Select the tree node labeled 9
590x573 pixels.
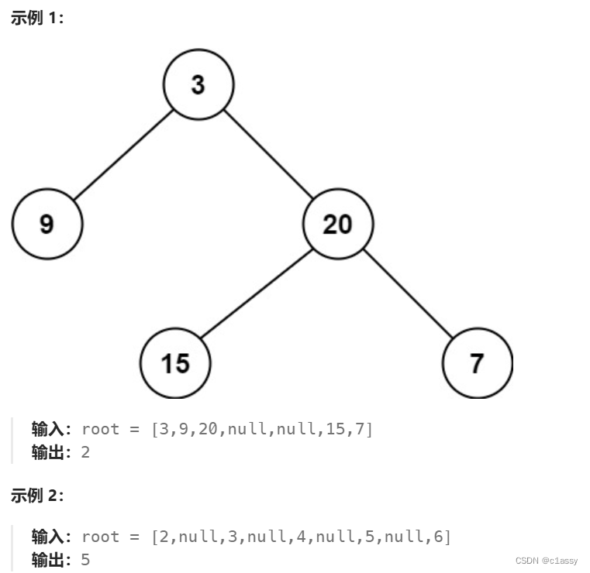47,225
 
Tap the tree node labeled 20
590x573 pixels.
338,225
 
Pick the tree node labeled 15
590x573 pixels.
175,362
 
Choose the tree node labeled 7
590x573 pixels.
477,362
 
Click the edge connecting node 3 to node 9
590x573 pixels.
122,155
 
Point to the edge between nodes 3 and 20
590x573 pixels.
268,155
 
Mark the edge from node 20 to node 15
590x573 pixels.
256,294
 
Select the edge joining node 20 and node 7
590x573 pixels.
408,294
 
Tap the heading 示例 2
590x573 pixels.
37,496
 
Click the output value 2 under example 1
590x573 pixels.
85,452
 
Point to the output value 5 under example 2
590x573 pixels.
85,559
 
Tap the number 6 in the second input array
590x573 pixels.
443,537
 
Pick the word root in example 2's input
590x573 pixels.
101,537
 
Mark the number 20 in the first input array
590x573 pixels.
208,429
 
